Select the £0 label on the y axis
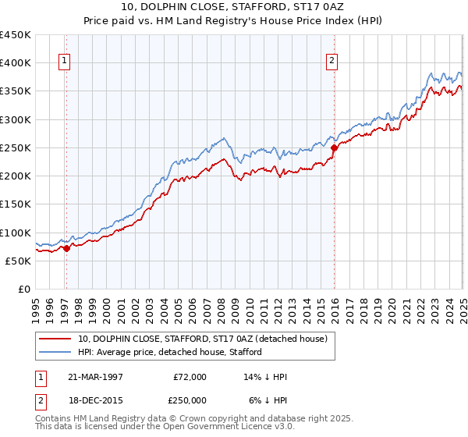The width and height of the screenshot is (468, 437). pos(25,289)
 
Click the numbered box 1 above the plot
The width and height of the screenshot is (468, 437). pos(64,62)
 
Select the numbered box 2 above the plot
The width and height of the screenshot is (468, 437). pos(332,62)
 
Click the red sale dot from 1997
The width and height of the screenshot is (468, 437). pos(67,248)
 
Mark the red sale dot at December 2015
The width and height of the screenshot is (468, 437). pos(334,147)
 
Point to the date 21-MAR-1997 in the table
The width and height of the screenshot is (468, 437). pos(96,378)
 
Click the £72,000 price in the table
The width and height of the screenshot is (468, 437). pos(190,378)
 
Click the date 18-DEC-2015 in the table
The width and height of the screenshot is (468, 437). pos(96,400)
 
